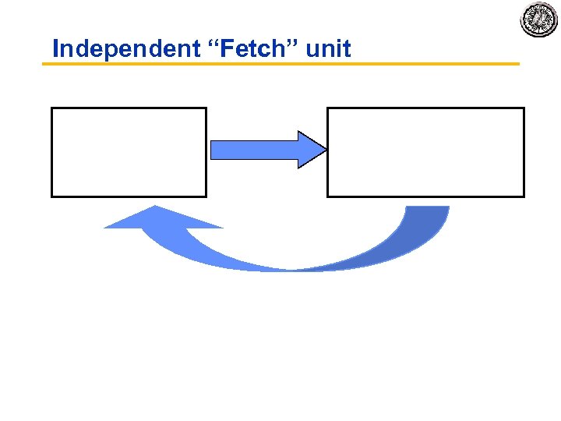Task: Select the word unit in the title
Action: click(329, 49)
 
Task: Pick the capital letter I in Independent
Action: click(55, 49)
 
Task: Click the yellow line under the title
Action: click(280, 64)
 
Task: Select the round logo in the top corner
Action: click(539, 19)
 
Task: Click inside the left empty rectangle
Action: click(129, 152)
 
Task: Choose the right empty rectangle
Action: click(425, 152)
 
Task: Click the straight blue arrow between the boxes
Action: click(257, 149)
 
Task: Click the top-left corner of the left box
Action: click(52, 108)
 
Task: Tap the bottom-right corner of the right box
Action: click(524, 196)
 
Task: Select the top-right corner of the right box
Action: click(524, 108)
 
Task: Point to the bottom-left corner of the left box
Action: click(52, 196)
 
